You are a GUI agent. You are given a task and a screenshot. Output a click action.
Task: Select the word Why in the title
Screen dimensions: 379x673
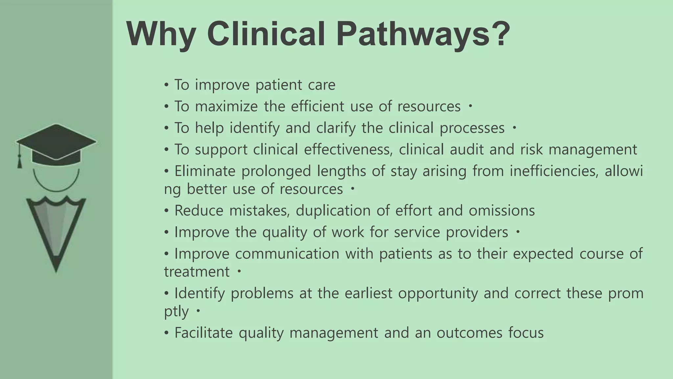(x=161, y=34)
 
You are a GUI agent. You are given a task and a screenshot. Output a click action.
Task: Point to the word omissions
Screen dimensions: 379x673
(x=501, y=211)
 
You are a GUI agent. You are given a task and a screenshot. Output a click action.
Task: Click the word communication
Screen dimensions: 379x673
(x=287, y=254)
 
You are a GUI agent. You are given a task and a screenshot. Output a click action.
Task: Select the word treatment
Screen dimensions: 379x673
(x=197, y=272)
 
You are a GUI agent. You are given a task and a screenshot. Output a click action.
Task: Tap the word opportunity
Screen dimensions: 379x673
(x=438, y=293)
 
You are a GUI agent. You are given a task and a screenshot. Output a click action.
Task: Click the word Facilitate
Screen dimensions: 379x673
(x=203, y=333)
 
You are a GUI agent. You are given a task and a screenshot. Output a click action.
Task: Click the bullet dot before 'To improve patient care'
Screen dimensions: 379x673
(x=167, y=85)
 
